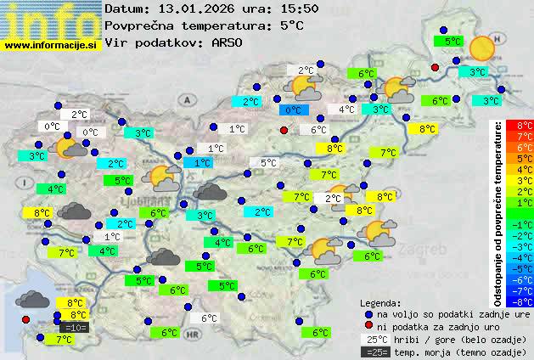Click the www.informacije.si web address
tap(51, 46)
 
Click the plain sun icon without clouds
tap(481, 48)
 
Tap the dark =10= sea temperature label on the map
tap(75, 327)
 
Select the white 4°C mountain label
tap(346, 110)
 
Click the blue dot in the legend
tap(368, 312)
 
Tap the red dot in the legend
tap(368, 325)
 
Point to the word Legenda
tap(380, 302)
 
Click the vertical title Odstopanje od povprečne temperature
tap(498, 212)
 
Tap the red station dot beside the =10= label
tap(25, 319)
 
